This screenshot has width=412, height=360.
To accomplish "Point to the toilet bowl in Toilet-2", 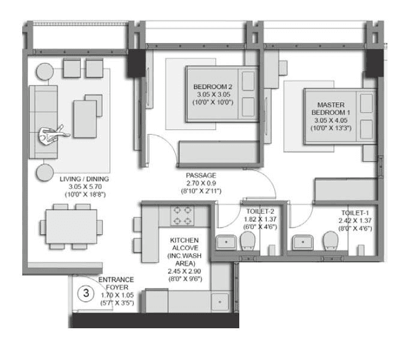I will tap(248, 241).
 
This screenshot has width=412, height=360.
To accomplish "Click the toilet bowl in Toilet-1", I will tap(330, 241).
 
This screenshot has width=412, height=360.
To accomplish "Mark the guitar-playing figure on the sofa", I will tap(51, 135).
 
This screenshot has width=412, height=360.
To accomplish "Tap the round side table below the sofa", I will tap(45, 173).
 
